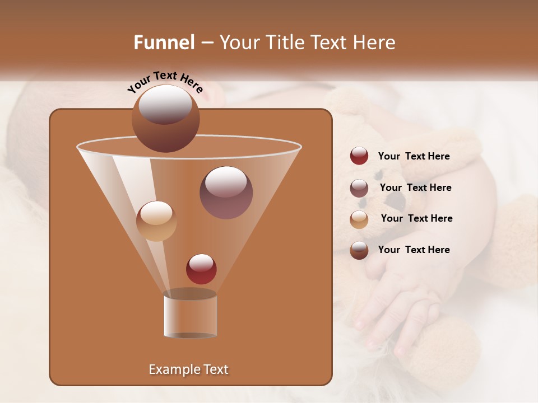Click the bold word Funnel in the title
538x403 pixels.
[x=164, y=43]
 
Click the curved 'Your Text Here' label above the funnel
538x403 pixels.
[x=165, y=82]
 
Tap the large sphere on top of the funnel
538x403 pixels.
[x=165, y=119]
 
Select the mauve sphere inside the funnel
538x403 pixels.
[x=226, y=192]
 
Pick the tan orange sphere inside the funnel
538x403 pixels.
[x=156, y=221]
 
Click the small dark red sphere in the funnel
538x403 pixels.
[x=201, y=269]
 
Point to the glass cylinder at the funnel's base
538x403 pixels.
[x=191, y=316]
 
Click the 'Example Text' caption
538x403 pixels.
[x=188, y=369]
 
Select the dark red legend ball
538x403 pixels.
[x=359, y=156]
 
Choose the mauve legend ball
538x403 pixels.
[x=359, y=188]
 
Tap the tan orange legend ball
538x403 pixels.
[x=359, y=219]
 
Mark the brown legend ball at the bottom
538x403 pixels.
[x=359, y=250]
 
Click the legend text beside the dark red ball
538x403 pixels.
[x=414, y=157]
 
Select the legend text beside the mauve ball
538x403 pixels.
[x=415, y=188]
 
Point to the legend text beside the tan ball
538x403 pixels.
[x=416, y=219]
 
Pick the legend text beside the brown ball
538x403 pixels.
[x=414, y=250]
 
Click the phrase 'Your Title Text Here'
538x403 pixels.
[x=307, y=43]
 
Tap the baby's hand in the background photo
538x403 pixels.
[x=398, y=302]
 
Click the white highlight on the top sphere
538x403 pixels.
[x=165, y=104]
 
